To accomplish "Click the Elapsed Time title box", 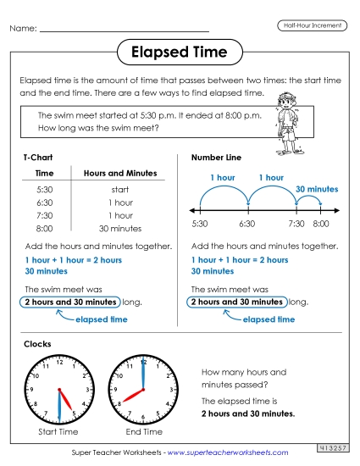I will [179, 53].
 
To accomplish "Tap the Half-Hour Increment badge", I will [312, 25].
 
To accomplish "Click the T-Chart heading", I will [37, 158].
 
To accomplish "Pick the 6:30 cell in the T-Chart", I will [45, 203].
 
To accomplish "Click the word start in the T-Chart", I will [119, 191].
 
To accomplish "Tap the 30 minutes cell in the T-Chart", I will [119, 229].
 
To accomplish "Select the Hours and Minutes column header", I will [119, 173].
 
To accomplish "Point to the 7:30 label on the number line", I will [296, 224].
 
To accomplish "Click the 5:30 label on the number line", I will [200, 224].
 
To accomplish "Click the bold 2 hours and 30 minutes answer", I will [247, 413].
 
